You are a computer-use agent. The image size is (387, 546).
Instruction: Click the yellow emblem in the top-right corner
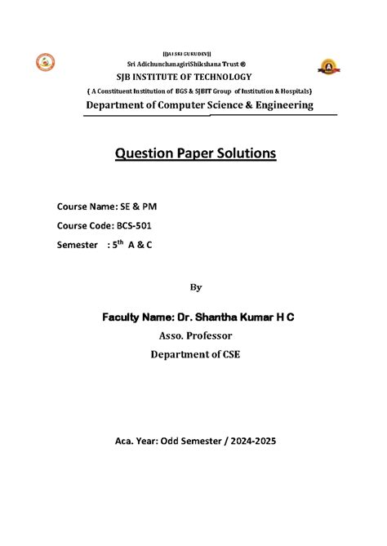[x=328, y=66]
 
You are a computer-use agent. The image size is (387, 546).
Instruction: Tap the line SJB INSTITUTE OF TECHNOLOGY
[x=193, y=76]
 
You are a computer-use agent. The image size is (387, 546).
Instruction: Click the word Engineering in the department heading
[x=275, y=105]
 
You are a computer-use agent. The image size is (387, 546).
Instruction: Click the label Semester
[x=77, y=245]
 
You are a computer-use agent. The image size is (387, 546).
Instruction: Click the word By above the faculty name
[x=193, y=287]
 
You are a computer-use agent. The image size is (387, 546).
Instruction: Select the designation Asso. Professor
[x=193, y=335]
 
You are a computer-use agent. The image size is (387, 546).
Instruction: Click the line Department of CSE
[x=193, y=355]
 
